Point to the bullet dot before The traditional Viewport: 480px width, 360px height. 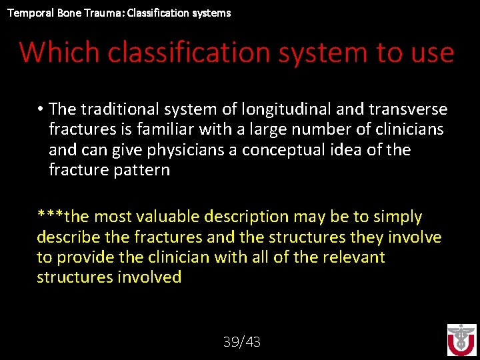pyautogui.click(x=41, y=109)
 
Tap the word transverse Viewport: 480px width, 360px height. pyautogui.click(x=408, y=109)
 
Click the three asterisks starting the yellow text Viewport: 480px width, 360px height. pyautogui.click(x=51, y=217)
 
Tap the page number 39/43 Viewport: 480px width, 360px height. pyautogui.click(x=242, y=342)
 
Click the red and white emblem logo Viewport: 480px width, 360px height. pyautogui.click(x=461, y=340)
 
